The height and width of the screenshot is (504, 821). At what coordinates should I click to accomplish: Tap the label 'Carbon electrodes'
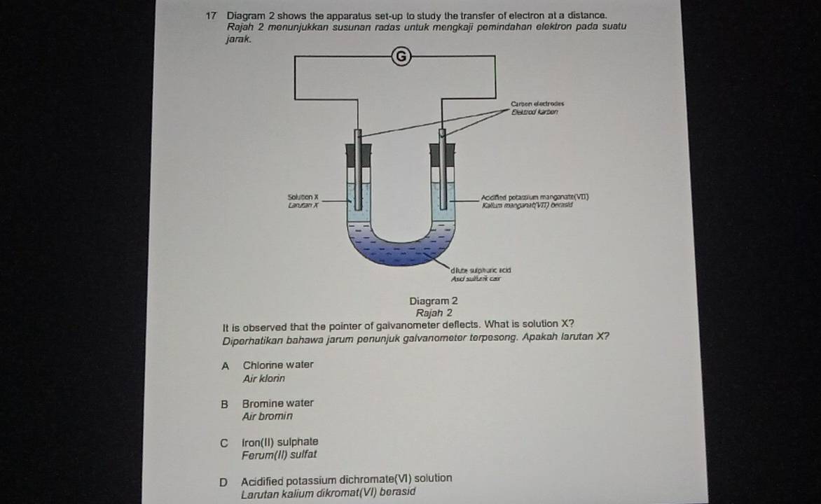pyautogui.click(x=537, y=104)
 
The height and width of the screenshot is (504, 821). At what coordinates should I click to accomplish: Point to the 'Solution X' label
pyautogui.click(x=303, y=198)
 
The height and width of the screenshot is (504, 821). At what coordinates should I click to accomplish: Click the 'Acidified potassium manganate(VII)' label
pyautogui.click(x=534, y=198)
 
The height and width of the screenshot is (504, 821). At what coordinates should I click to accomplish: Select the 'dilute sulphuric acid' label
pyautogui.click(x=481, y=269)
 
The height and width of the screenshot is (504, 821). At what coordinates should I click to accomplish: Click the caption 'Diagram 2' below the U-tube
pyautogui.click(x=434, y=301)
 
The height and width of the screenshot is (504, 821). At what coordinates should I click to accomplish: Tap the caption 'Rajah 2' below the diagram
pyautogui.click(x=434, y=313)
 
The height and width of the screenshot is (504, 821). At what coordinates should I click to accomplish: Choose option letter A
pyautogui.click(x=225, y=365)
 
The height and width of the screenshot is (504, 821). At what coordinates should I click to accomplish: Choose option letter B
pyautogui.click(x=225, y=404)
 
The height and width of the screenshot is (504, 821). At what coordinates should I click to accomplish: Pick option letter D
pyautogui.click(x=223, y=482)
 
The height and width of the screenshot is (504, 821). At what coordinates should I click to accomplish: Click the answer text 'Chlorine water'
pyautogui.click(x=278, y=365)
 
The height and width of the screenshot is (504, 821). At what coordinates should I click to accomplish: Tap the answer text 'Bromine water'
pyautogui.click(x=277, y=403)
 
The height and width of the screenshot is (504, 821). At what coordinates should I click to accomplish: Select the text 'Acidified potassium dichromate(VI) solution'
pyautogui.click(x=346, y=479)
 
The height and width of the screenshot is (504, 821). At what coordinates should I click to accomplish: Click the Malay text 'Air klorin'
pyautogui.click(x=264, y=379)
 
